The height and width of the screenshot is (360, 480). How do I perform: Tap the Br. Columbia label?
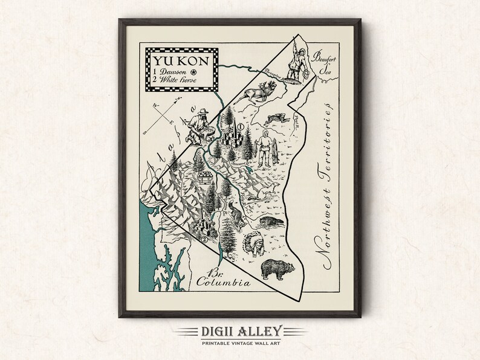[218, 277]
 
